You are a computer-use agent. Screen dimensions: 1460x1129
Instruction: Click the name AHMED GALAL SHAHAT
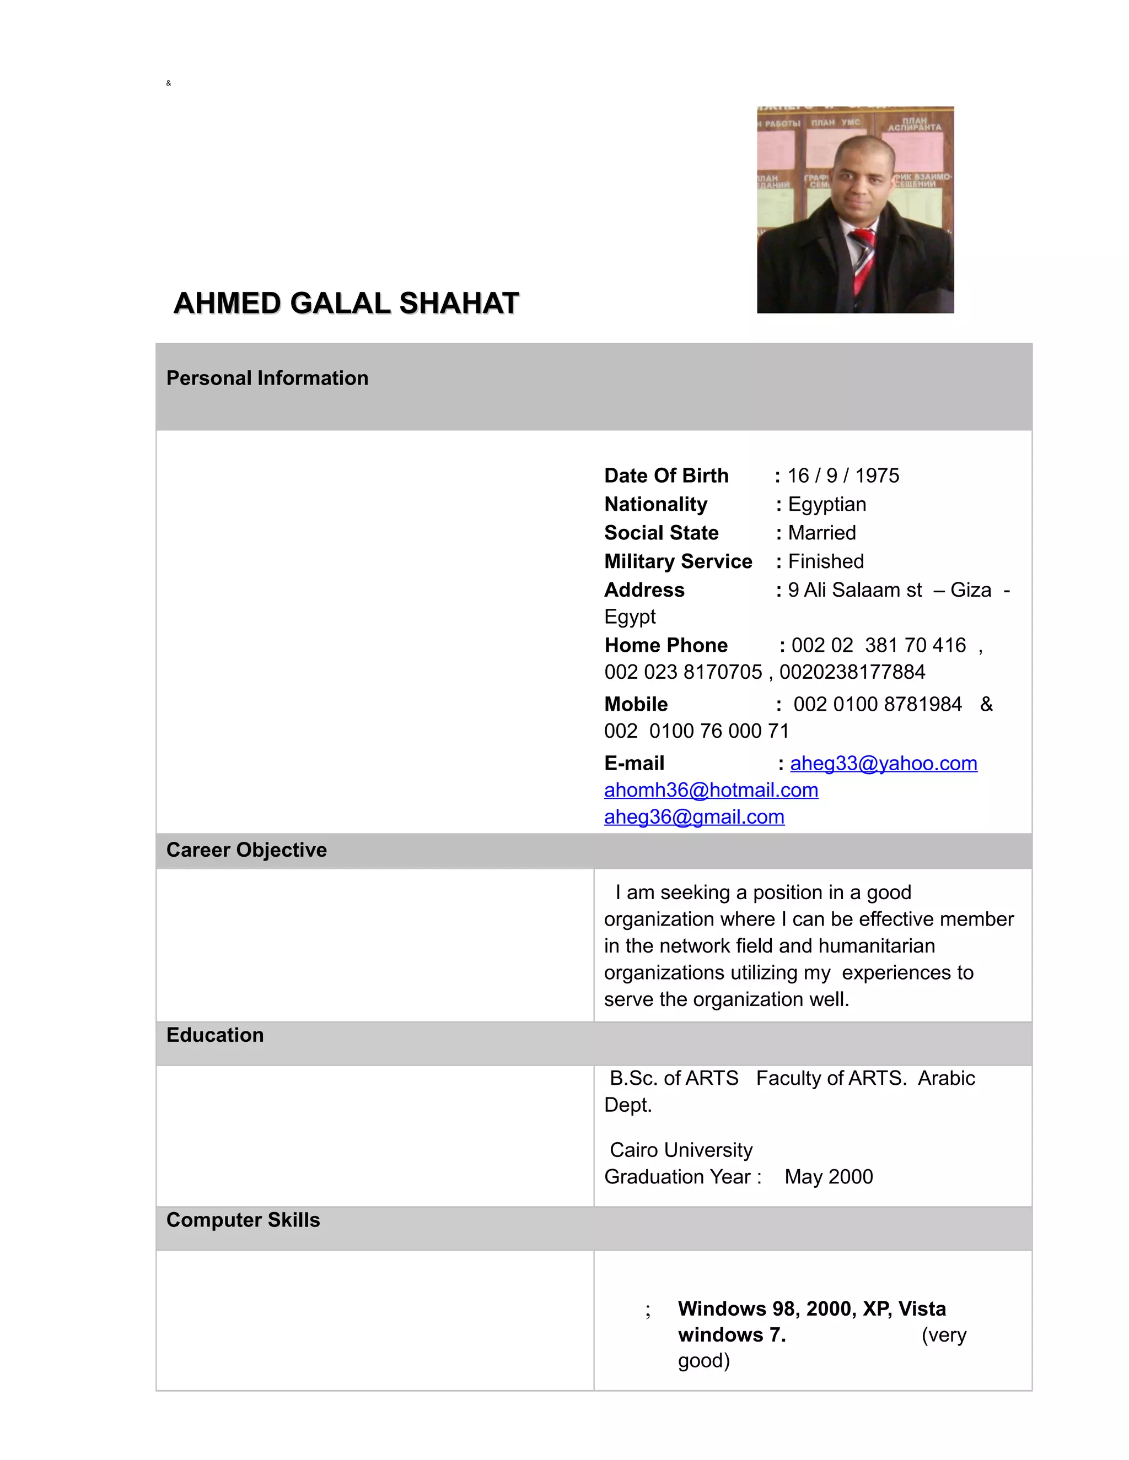346,303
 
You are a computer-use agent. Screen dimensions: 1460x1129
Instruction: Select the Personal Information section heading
267,378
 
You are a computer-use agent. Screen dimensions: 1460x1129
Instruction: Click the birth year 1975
877,475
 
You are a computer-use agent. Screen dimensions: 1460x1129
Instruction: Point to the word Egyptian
827,504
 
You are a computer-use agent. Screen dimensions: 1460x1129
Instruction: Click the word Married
821,533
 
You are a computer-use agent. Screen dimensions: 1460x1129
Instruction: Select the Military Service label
678,561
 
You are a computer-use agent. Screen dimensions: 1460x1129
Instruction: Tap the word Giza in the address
970,590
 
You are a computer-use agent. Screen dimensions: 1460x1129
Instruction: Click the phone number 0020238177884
852,672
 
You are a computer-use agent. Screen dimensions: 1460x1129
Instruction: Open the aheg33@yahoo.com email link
883,764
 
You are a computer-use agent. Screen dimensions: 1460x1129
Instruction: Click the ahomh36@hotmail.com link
711,790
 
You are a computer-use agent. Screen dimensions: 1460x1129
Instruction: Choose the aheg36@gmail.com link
693,817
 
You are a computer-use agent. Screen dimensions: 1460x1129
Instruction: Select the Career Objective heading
246,850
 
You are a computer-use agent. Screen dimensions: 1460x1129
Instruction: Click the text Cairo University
681,1150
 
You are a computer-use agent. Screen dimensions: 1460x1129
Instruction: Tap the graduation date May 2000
829,1177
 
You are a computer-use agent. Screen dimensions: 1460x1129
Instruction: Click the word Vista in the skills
922,1308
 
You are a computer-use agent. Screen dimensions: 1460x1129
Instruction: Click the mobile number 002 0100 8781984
877,704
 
